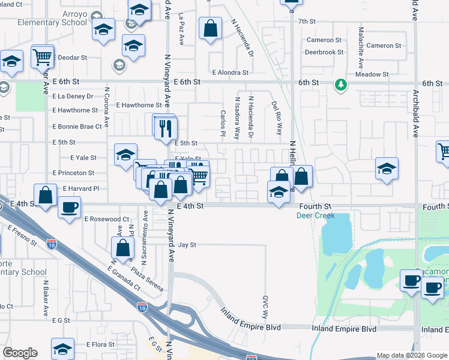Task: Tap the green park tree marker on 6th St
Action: pos(341,85)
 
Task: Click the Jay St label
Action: pos(187,245)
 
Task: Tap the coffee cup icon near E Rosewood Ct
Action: pos(69,208)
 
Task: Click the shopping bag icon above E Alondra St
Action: pos(210,28)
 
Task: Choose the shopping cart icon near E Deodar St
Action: pos(43,57)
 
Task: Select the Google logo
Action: pos(20,353)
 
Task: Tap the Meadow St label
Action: pos(372,74)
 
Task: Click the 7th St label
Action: pos(307,22)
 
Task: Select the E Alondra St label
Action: pos(229,73)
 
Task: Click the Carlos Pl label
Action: pos(223,122)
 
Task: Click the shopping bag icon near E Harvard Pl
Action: pos(46,194)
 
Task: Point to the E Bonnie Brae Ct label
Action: pos(77,127)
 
